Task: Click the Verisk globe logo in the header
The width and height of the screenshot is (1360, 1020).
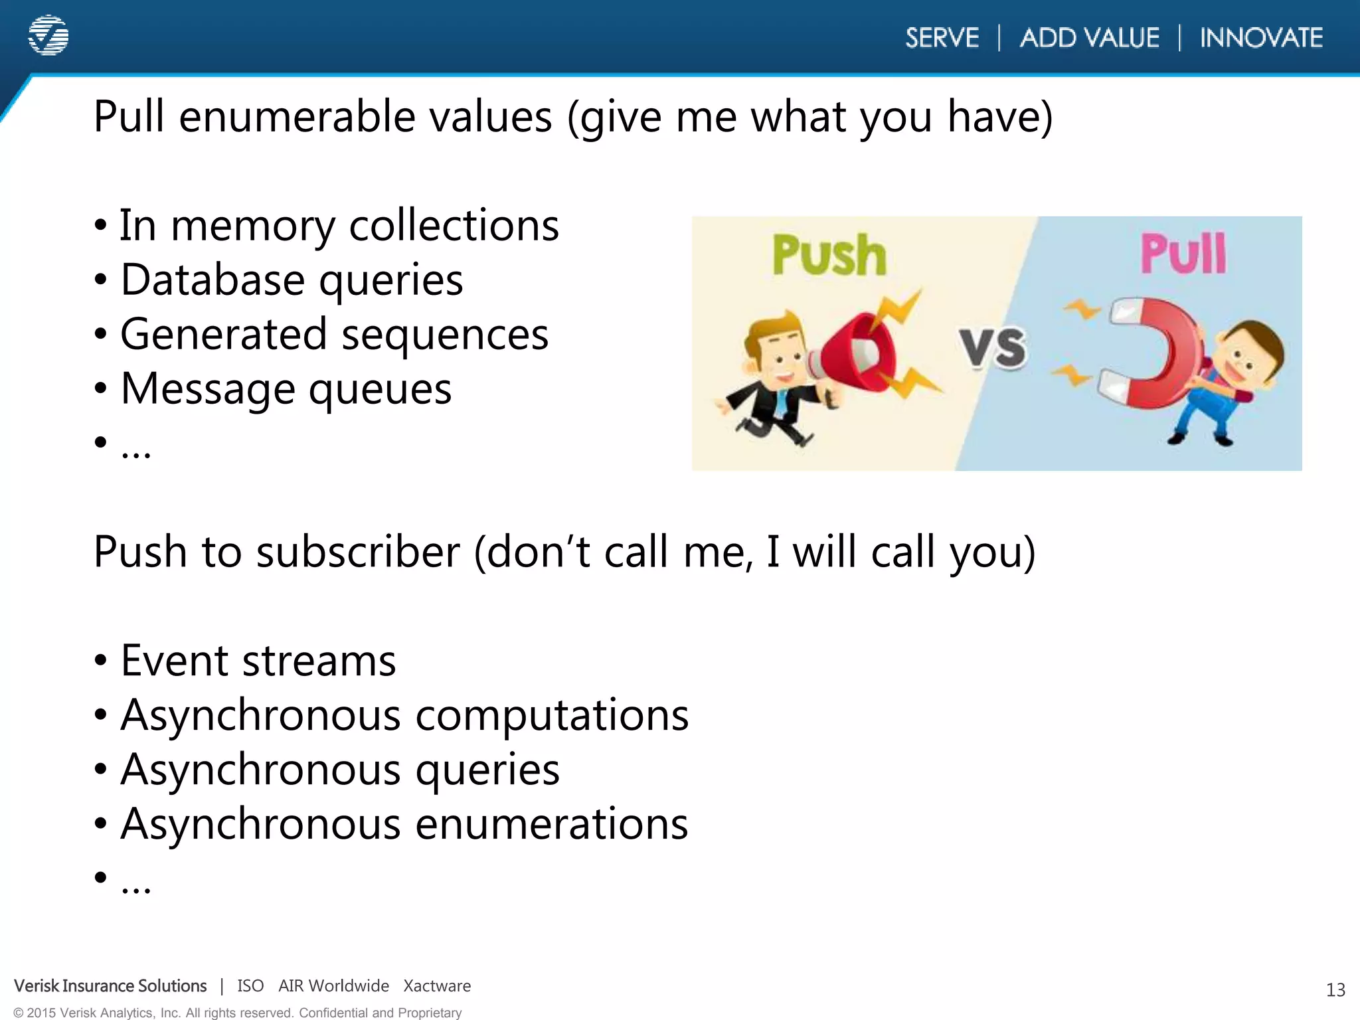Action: point(48,35)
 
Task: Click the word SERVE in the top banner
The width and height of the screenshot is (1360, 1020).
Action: point(942,38)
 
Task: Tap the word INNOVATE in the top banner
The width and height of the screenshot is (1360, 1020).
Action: point(1261,38)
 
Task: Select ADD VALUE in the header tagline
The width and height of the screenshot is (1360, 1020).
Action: point(1090,38)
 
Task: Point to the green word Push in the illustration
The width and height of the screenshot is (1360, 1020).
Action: point(829,255)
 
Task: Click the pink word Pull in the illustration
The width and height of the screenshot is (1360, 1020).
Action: point(1183,254)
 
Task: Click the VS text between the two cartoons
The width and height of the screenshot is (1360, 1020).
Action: point(993,347)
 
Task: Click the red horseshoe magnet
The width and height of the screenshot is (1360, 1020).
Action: point(1155,352)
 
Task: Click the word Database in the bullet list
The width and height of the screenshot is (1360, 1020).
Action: point(212,280)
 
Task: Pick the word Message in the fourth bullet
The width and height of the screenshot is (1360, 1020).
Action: point(207,388)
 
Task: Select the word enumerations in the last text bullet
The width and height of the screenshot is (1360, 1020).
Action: point(552,824)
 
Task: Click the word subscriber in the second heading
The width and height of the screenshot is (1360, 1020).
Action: point(358,552)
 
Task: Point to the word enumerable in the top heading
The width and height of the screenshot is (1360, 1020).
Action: point(365,117)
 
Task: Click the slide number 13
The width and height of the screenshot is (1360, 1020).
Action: point(1335,990)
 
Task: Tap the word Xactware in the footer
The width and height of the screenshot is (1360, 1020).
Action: point(437,986)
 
